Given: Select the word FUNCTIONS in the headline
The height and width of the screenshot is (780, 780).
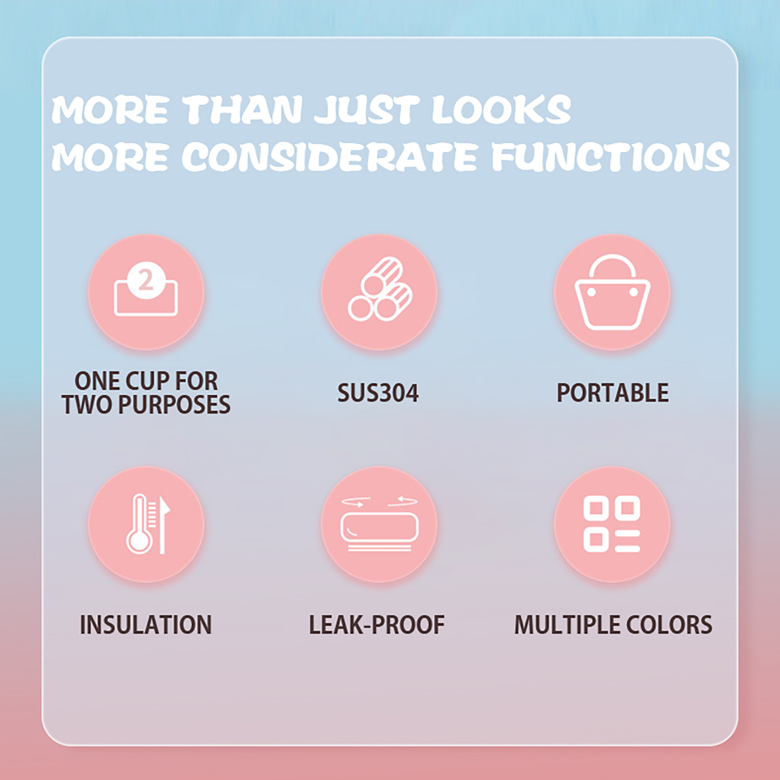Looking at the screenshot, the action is point(610,156).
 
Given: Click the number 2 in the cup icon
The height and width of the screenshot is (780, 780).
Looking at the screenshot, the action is point(146,280).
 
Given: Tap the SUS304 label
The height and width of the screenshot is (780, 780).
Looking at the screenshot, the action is point(378,393).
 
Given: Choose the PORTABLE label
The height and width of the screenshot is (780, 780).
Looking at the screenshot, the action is point(612,393).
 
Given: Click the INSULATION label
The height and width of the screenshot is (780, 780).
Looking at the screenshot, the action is point(146,625).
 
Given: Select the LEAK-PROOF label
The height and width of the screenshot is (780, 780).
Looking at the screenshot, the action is point(377,625).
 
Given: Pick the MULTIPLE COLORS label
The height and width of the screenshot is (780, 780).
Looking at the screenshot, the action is point(613,625).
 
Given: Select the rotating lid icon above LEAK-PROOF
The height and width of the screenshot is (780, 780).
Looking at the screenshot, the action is point(379,524).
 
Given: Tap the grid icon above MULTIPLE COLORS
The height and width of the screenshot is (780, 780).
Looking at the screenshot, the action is point(612,524).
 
